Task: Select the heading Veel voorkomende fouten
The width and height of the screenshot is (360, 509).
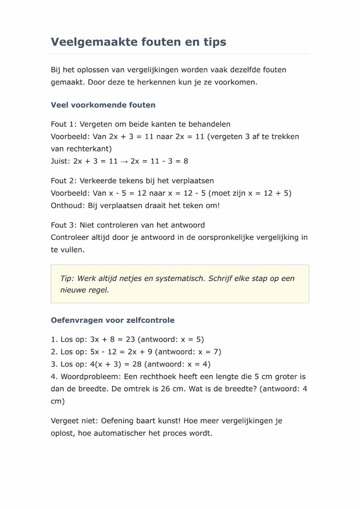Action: point(103,105)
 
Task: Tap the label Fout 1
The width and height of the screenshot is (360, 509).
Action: point(63,124)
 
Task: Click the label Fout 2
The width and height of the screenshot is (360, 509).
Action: point(63,181)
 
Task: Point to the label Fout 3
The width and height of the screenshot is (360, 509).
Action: point(63,225)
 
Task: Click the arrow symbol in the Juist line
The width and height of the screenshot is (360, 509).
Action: point(124,161)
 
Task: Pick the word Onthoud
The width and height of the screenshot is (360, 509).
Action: point(67,206)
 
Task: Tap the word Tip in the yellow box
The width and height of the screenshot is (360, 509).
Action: point(67,279)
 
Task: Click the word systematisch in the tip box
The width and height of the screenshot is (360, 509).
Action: point(180,279)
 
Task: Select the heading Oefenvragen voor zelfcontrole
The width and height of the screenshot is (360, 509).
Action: point(113,320)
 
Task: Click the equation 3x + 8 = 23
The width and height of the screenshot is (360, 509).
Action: point(113,339)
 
